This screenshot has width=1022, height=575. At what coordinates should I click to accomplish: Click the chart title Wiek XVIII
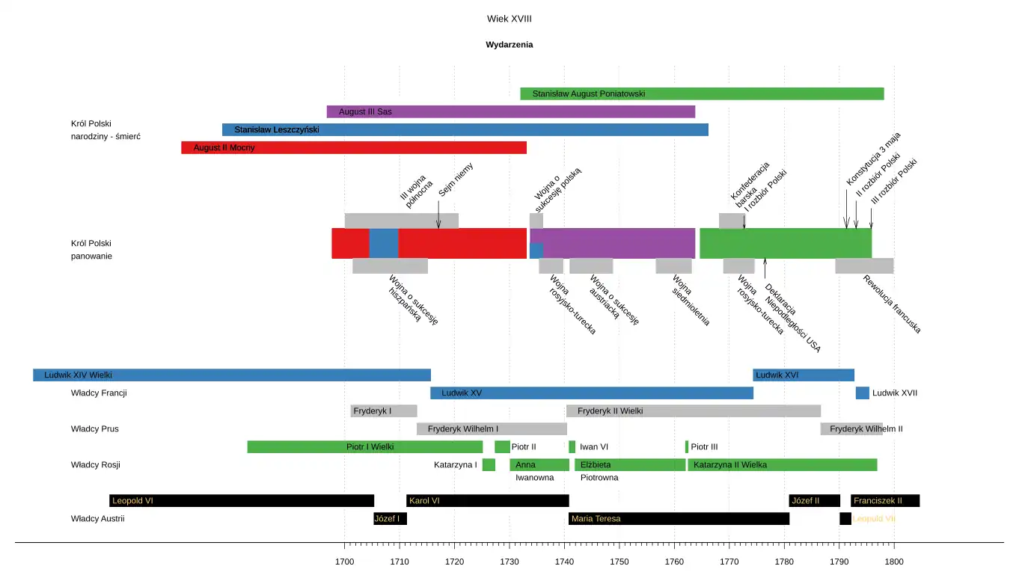[509, 19]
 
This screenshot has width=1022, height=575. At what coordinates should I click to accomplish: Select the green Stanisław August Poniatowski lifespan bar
[702, 94]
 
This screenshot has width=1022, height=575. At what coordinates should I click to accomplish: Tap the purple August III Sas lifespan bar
[510, 112]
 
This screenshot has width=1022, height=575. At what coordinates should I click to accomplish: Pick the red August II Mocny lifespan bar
[353, 148]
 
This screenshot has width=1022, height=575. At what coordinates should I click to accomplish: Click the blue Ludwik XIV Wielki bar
[231, 375]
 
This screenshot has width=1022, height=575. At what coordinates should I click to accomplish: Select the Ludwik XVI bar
[803, 375]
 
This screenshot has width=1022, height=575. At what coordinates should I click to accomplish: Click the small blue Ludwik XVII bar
[863, 393]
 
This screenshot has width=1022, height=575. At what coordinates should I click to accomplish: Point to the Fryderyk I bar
[384, 411]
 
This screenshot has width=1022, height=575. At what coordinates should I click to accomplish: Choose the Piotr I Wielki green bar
[364, 447]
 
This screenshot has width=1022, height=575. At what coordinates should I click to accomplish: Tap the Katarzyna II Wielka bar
[781, 465]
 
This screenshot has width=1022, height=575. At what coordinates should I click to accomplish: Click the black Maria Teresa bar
[679, 519]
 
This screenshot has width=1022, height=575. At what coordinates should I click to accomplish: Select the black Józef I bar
[390, 519]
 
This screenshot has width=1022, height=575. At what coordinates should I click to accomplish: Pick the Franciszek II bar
[884, 501]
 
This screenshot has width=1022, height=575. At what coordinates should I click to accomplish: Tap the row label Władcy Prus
[94, 429]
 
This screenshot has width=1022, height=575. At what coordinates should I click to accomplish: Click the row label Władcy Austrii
[97, 519]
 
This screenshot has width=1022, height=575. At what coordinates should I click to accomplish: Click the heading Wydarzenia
[509, 45]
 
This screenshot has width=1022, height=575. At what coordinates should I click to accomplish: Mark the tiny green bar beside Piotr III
[687, 447]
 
